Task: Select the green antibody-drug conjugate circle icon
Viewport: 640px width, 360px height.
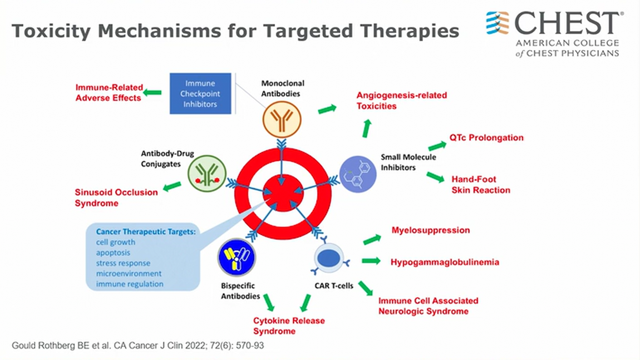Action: coord(206,174)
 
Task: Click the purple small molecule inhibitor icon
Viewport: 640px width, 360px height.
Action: coord(358,174)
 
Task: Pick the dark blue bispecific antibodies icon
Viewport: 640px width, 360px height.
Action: coord(237,257)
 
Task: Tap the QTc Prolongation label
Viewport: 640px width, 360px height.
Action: coord(486,137)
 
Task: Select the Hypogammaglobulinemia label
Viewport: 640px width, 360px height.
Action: coord(445,262)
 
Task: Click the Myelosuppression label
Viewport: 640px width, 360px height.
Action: coord(430,230)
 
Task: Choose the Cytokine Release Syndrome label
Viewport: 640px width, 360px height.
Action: coord(289,326)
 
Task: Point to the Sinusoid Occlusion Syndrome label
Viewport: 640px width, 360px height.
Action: coord(116,198)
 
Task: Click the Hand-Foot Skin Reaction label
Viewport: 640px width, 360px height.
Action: coord(480,185)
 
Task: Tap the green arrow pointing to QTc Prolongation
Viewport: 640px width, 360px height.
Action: coord(437,146)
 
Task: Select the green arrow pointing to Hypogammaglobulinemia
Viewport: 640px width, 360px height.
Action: coord(371,260)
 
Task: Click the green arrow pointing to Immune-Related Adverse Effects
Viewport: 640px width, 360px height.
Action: coord(152,92)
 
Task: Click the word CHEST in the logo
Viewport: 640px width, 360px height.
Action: coord(566,23)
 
